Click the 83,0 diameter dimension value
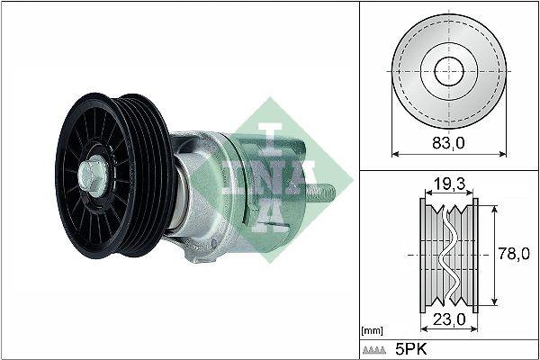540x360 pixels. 447,141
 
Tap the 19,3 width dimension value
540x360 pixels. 447,185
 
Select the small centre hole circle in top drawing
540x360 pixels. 447,71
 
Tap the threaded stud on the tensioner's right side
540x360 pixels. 325,191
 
